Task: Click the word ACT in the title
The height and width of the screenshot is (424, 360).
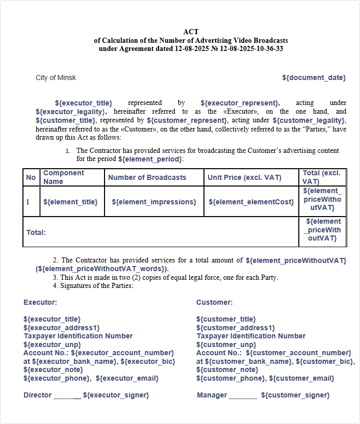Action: tap(191, 32)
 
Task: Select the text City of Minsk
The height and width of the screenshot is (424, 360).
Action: tap(56, 77)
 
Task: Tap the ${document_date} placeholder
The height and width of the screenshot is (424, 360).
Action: tap(314, 77)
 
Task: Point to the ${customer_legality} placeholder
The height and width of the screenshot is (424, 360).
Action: tap(309, 120)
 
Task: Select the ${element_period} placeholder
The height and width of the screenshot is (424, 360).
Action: tap(149, 159)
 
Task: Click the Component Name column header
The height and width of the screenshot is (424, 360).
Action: tap(64, 177)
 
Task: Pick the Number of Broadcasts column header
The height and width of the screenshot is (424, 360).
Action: tap(147, 177)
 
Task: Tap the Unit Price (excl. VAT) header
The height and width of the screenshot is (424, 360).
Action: tap(244, 177)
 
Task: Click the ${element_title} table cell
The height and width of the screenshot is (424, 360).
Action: tap(70, 202)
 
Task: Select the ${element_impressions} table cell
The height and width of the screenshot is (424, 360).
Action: tap(154, 202)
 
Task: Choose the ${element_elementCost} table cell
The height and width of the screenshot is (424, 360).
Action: tap(251, 202)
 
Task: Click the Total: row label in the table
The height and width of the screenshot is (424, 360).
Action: tap(36, 232)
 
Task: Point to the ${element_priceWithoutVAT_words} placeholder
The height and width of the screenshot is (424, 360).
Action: tap(102, 269)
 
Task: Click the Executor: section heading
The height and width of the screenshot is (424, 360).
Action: tap(40, 302)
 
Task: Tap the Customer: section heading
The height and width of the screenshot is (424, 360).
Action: tap(214, 302)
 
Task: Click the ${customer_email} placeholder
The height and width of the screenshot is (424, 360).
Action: tap(301, 378)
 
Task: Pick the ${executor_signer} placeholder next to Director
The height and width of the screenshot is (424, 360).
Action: tap(116, 395)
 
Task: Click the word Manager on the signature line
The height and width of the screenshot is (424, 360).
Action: tap(212, 395)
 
